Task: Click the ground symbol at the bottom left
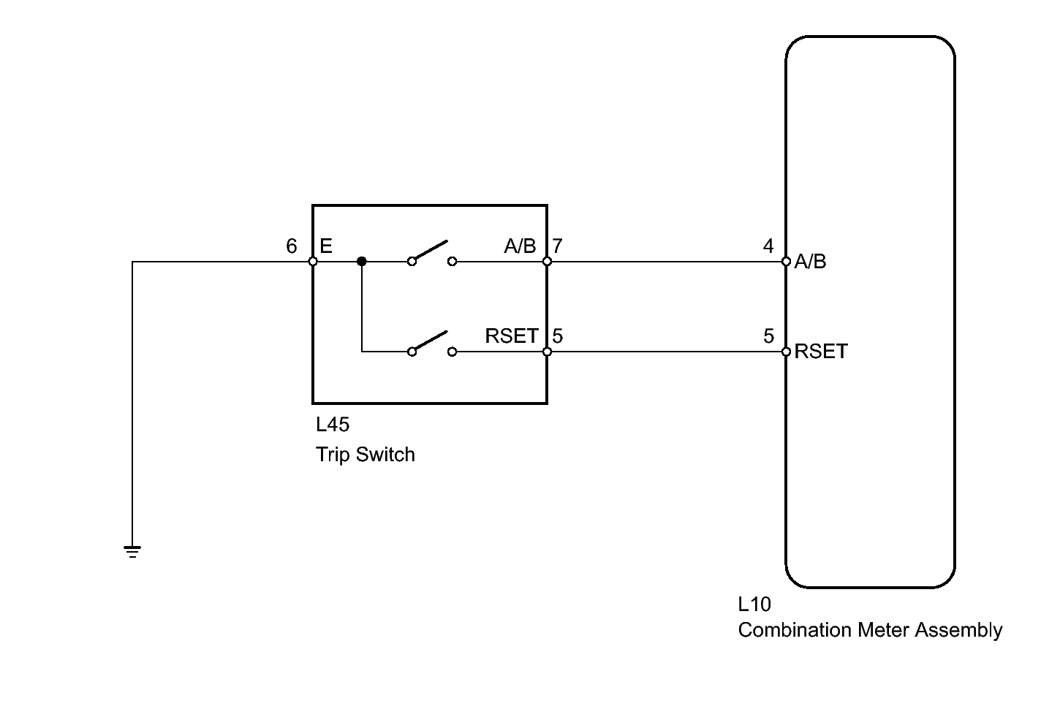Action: [132, 551]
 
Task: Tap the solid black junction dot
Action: [362, 262]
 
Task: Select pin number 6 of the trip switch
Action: [292, 246]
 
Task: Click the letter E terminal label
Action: [326, 246]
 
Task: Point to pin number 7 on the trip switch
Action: [557, 246]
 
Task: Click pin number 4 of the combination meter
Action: [768, 246]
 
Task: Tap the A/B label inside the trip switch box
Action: [520, 246]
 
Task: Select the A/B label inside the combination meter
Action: [811, 262]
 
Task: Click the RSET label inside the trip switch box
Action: [512, 336]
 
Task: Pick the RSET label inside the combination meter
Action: [821, 351]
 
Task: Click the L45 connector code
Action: [333, 425]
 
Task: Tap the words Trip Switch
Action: [366, 455]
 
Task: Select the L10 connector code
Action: [754, 605]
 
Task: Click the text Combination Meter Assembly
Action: [870, 630]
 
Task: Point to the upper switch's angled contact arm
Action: [431, 251]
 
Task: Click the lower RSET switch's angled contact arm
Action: [431, 341]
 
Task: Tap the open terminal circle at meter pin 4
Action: [786, 262]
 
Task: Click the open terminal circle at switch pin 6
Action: [313, 262]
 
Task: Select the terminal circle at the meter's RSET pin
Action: [786, 352]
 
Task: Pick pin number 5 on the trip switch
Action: [557, 336]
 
